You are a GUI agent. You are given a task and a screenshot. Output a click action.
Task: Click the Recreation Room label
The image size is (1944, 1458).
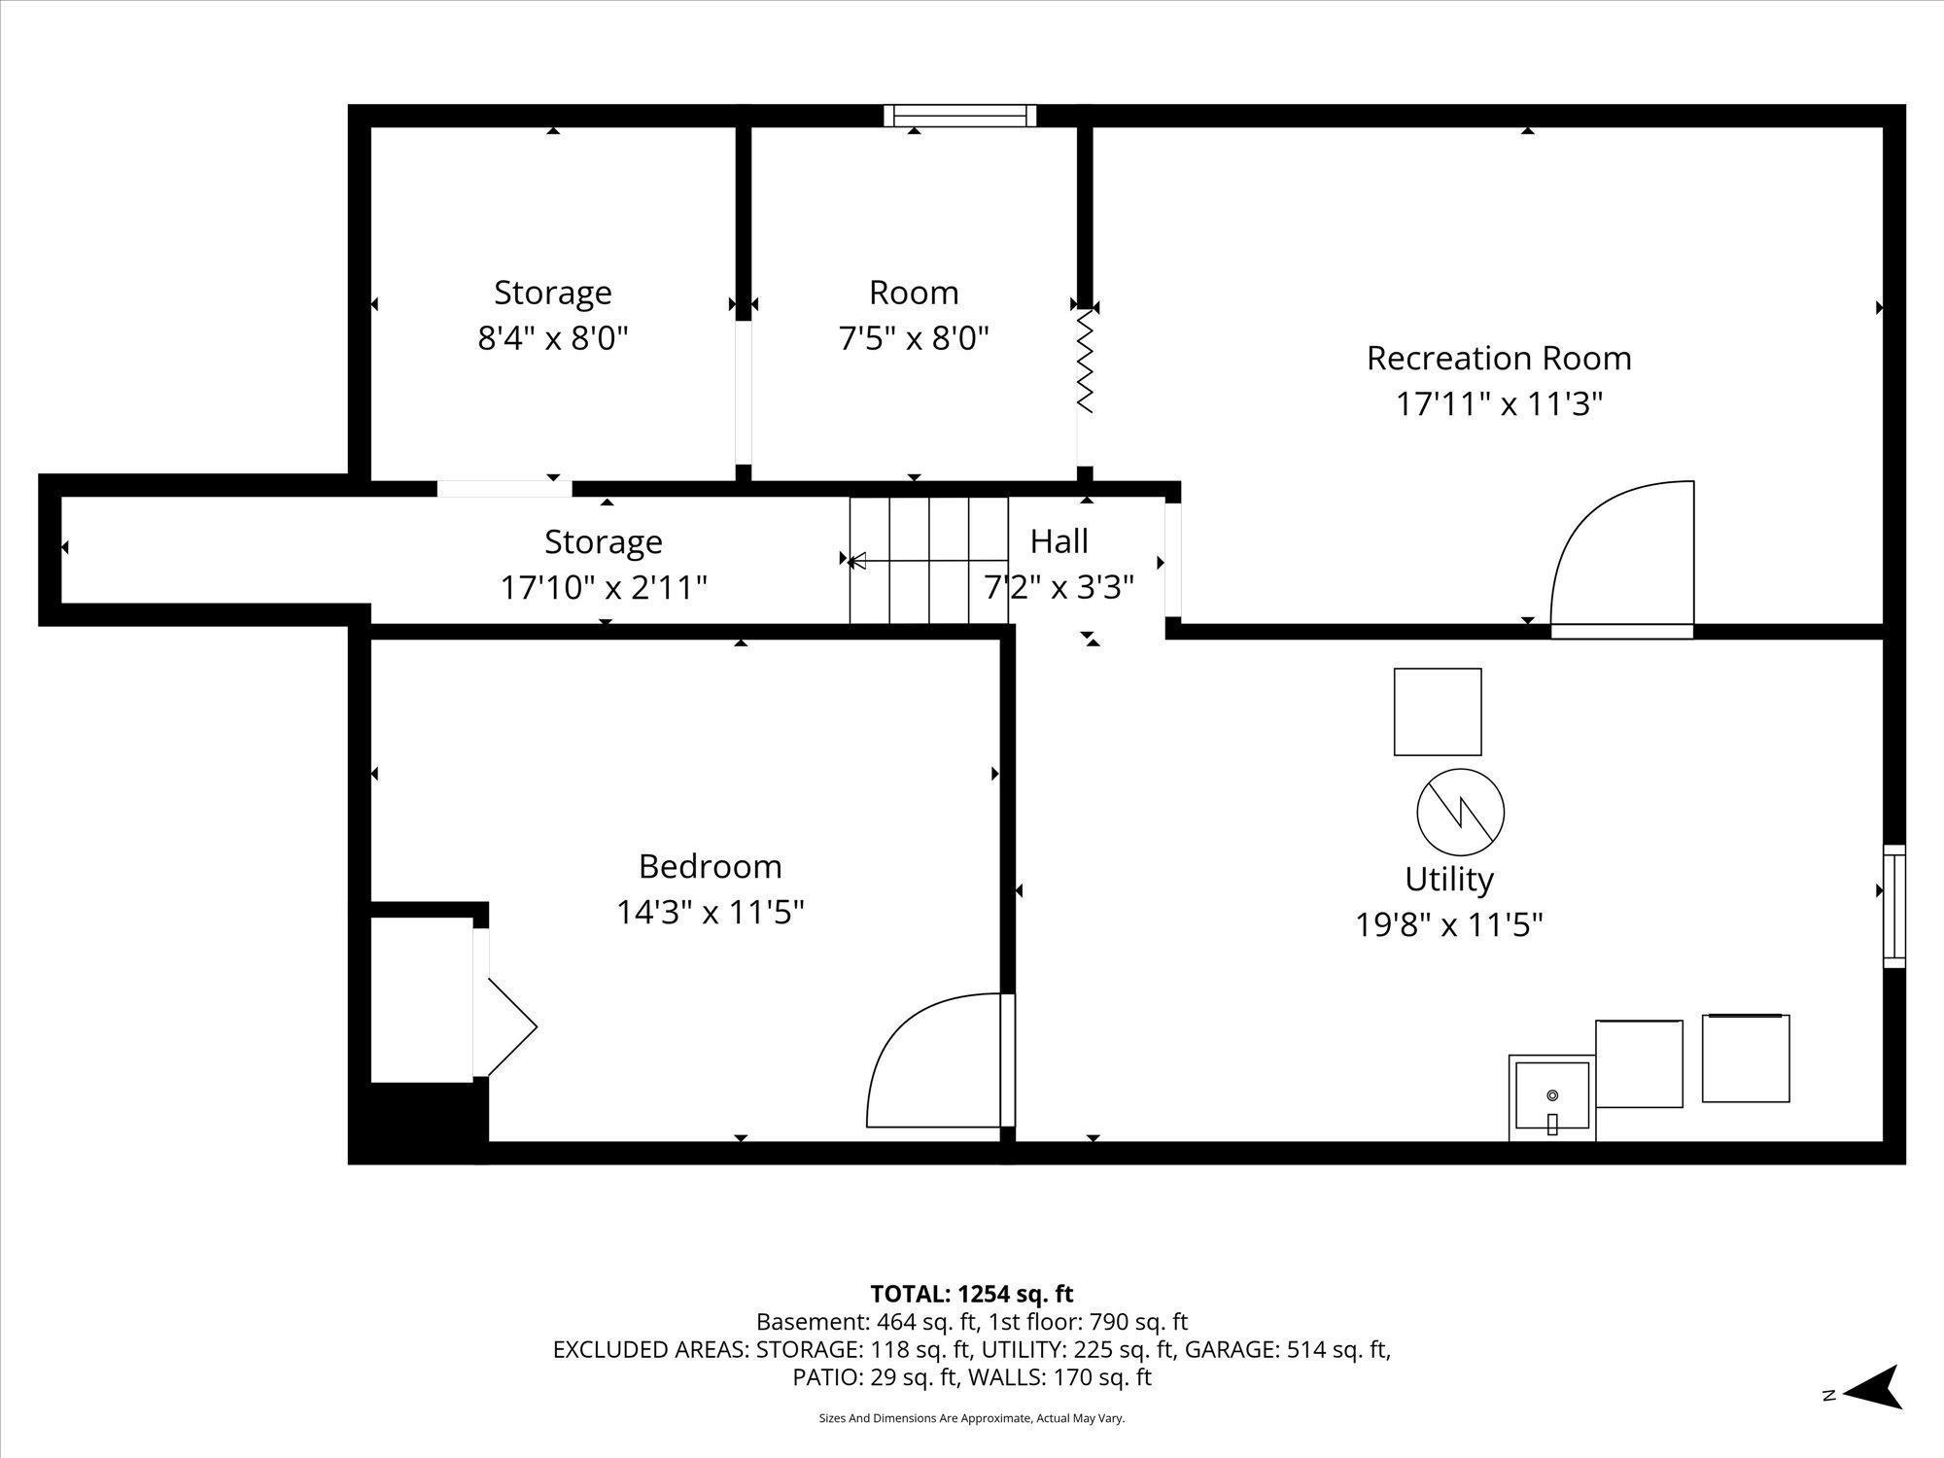coord(1499,359)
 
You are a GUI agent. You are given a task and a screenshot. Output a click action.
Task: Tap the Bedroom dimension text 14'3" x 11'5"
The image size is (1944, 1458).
coord(711,913)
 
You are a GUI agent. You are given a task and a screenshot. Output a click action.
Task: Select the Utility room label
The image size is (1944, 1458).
coord(1448,880)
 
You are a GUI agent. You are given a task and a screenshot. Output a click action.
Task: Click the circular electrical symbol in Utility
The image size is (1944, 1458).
coord(1460,812)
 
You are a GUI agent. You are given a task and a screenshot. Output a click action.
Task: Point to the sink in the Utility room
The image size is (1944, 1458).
coord(1551,1097)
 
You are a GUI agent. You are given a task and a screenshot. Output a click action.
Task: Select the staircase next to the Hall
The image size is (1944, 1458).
coord(929,560)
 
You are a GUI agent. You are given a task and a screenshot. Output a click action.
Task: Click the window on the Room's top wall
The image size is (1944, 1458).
coord(960,116)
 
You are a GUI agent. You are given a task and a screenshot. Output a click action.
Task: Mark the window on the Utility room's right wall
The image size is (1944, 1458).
coord(1894,906)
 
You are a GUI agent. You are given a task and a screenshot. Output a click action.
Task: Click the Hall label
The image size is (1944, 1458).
coord(1059,541)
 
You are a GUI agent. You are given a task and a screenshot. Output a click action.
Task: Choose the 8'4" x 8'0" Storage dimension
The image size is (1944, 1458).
coord(553,339)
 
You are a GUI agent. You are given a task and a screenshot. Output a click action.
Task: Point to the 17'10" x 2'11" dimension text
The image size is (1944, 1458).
coord(604,588)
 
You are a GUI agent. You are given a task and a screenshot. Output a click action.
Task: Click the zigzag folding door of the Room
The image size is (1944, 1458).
coord(1085,361)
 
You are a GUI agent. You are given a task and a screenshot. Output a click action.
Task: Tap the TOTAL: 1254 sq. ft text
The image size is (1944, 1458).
coord(972,1294)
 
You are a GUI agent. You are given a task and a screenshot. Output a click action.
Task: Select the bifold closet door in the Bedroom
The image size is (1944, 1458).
coord(504,1026)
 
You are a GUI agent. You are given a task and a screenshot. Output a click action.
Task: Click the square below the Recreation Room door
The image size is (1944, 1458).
coord(1438,712)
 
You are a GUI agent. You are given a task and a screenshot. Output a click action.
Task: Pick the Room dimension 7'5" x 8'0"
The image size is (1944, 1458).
coord(914,339)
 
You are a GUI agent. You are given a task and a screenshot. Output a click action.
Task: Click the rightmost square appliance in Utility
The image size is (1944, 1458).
coord(1746,1059)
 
